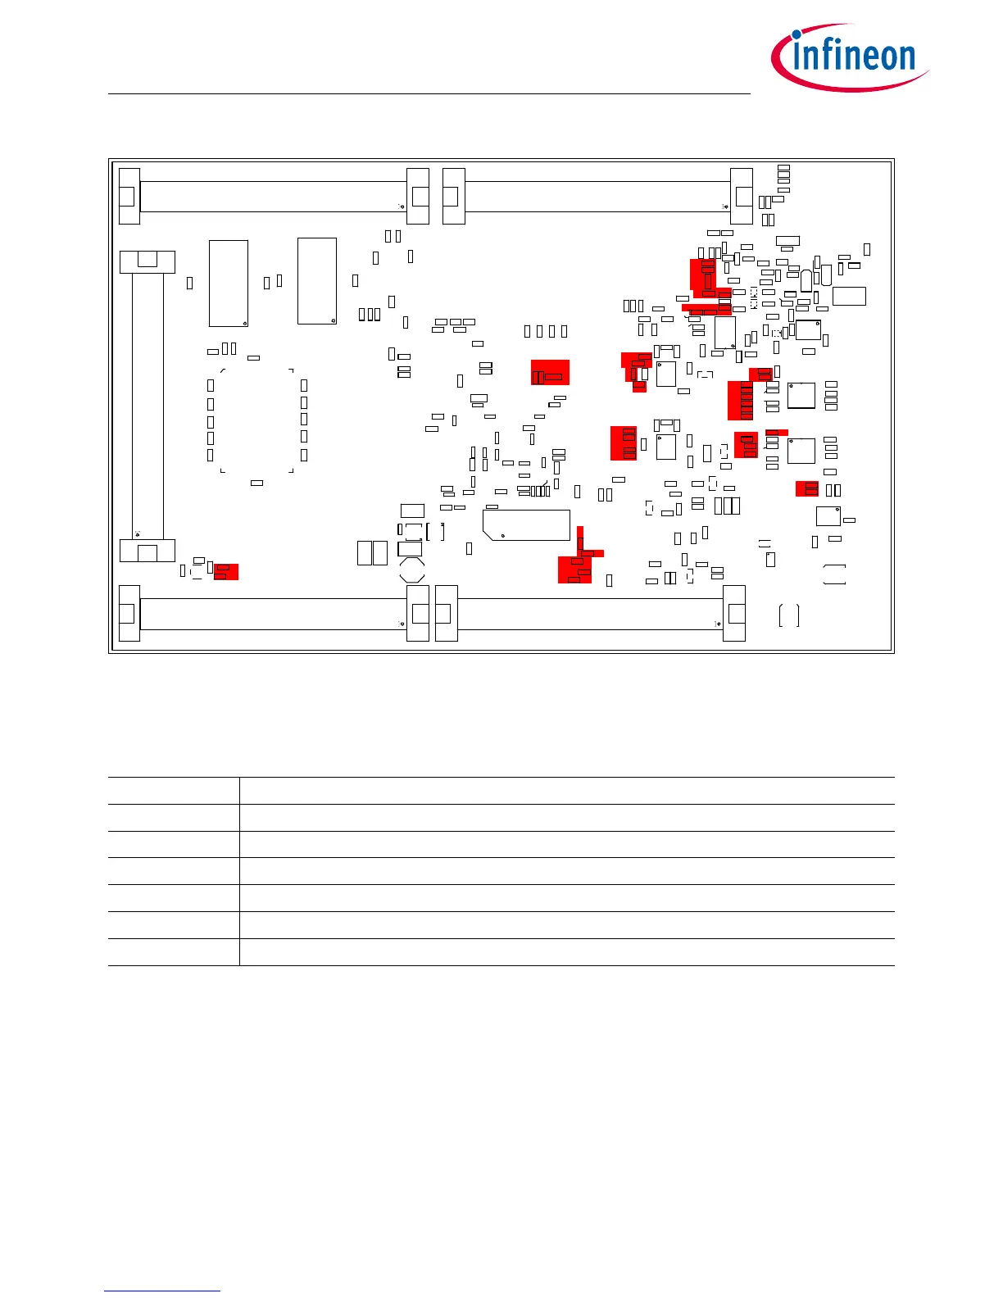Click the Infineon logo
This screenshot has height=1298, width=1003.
coord(850,57)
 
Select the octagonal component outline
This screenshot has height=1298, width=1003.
coord(411,570)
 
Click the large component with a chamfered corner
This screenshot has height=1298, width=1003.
coord(526,524)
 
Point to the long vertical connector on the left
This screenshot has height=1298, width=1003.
coord(147,406)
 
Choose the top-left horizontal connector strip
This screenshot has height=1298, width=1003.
coord(274,197)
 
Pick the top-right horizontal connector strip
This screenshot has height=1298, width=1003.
coord(597,197)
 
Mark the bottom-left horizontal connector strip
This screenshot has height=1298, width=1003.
coord(274,614)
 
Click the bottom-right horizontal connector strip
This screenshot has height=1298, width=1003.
coord(590,614)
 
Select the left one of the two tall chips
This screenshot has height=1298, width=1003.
coord(229,284)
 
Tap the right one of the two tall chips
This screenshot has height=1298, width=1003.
coord(317,281)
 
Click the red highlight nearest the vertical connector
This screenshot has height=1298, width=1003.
coord(225,571)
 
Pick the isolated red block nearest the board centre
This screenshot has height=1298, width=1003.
coord(550,373)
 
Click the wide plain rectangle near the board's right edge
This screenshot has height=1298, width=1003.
coord(849,296)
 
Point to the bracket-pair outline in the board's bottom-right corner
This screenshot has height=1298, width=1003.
coord(789,615)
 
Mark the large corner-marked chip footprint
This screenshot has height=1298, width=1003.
coord(256,420)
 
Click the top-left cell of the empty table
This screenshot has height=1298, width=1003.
coord(174,791)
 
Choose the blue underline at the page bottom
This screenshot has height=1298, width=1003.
coord(162,1291)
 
